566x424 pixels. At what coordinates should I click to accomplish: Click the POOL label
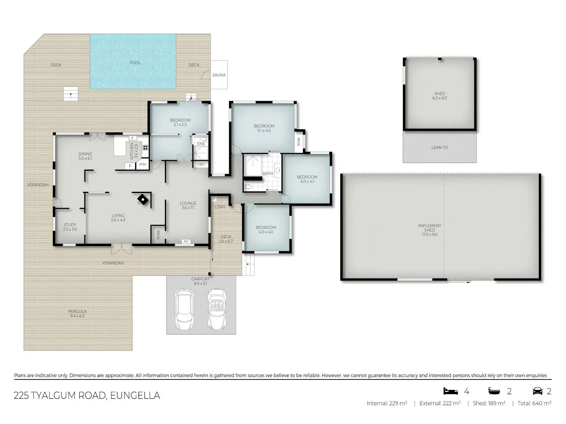coord(135,63)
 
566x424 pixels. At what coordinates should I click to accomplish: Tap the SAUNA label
coord(219,75)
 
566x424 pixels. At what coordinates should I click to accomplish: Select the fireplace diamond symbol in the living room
coord(143,199)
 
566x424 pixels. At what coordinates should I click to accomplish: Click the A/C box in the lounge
coord(186,241)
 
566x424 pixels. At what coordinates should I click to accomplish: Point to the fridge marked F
coord(130,166)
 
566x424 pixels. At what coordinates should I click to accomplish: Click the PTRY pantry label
coord(143,164)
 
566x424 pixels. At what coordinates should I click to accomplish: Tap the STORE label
coord(158,234)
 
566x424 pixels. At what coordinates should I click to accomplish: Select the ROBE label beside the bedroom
coord(298,142)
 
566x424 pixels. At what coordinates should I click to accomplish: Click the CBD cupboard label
coord(201,164)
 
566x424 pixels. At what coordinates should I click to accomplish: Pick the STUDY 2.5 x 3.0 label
coord(70,227)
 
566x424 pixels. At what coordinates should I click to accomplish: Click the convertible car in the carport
coord(217,309)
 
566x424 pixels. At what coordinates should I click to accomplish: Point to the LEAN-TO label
coord(440,147)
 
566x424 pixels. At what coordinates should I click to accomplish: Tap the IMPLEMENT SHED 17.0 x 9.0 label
coord(429,230)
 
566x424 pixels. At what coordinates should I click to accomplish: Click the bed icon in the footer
coord(451,391)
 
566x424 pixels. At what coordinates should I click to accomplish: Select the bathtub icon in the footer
coord(494,391)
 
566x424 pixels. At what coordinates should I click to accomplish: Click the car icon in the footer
coord(538,391)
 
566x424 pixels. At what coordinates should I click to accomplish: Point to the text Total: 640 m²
coord(534,403)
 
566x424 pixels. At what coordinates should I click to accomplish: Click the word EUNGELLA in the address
coord(135,395)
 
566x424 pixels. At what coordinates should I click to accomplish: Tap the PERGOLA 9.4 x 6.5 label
coord(77,314)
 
